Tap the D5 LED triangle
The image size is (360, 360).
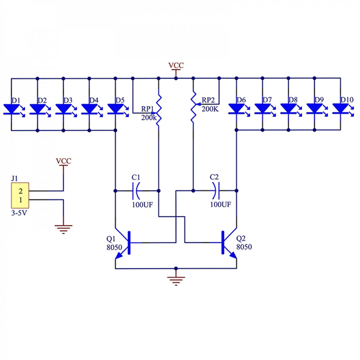115,109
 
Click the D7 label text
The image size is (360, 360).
267,100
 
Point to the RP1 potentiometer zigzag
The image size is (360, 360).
159,111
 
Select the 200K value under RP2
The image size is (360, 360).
210,109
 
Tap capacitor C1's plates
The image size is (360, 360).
136,191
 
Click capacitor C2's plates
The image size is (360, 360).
216,190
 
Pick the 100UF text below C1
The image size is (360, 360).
142,204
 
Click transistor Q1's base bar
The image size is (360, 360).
129,243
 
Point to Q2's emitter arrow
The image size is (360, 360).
233,255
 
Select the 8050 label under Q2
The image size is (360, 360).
244,247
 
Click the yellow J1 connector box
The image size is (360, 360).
20,195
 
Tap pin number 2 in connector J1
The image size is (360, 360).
21,191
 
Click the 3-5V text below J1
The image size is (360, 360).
19,213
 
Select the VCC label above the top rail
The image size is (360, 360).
176,66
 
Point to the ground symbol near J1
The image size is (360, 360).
63,229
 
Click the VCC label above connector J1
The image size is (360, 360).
64,161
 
